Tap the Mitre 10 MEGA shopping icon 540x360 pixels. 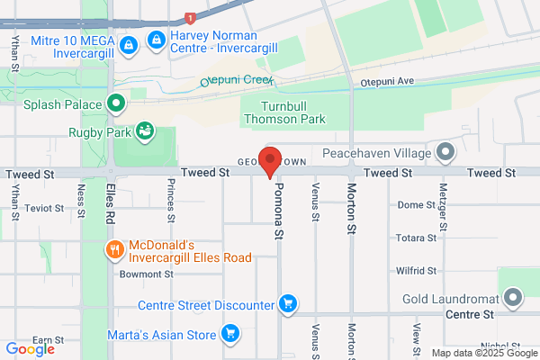point(130,43)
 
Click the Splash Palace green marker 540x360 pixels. point(115,103)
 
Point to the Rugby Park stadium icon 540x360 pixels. point(144,133)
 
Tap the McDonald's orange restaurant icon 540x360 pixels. point(114,249)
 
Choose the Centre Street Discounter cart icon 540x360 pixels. point(288,303)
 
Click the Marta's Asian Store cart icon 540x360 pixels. point(229,335)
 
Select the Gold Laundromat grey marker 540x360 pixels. point(513,296)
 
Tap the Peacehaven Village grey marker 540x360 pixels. point(445,152)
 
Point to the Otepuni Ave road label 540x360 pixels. point(386,81)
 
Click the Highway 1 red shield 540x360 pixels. point(190,18)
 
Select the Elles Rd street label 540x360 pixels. point(110,205)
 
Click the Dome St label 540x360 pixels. point(416,205)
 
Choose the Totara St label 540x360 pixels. point(416,238)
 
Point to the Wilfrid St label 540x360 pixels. point(416,270)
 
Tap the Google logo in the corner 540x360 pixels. point(31,348)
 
